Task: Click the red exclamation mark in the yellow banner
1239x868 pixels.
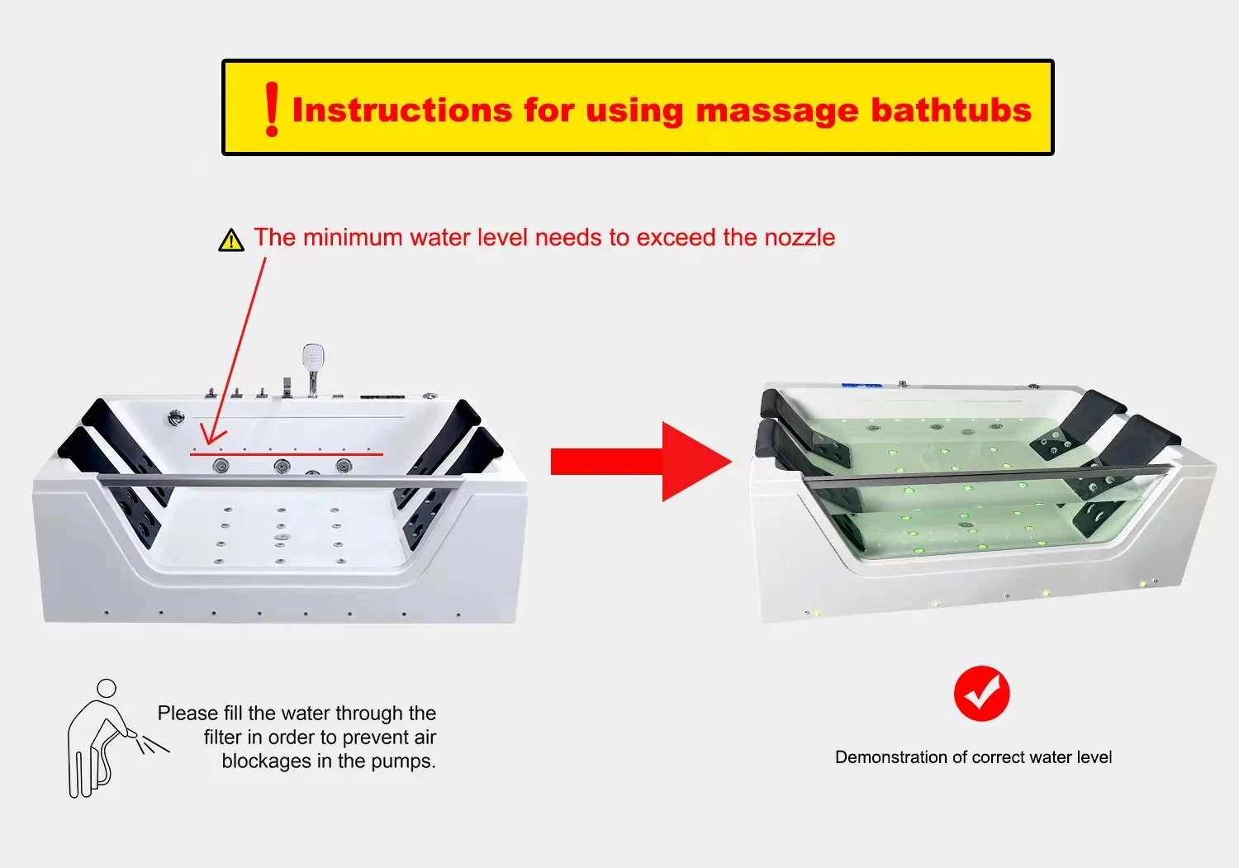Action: [272, 109]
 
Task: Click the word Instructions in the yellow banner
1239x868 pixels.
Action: [402, 110]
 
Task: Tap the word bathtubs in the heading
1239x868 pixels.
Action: [952, 110]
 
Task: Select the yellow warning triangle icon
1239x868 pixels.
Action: [231, 240]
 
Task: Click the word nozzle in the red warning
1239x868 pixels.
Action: [800, 237]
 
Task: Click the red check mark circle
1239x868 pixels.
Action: [982, 693]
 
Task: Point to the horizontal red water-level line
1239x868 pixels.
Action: [287, 454]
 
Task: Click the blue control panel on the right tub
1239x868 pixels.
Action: [861, 385]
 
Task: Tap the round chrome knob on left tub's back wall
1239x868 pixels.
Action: [175, 418]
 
